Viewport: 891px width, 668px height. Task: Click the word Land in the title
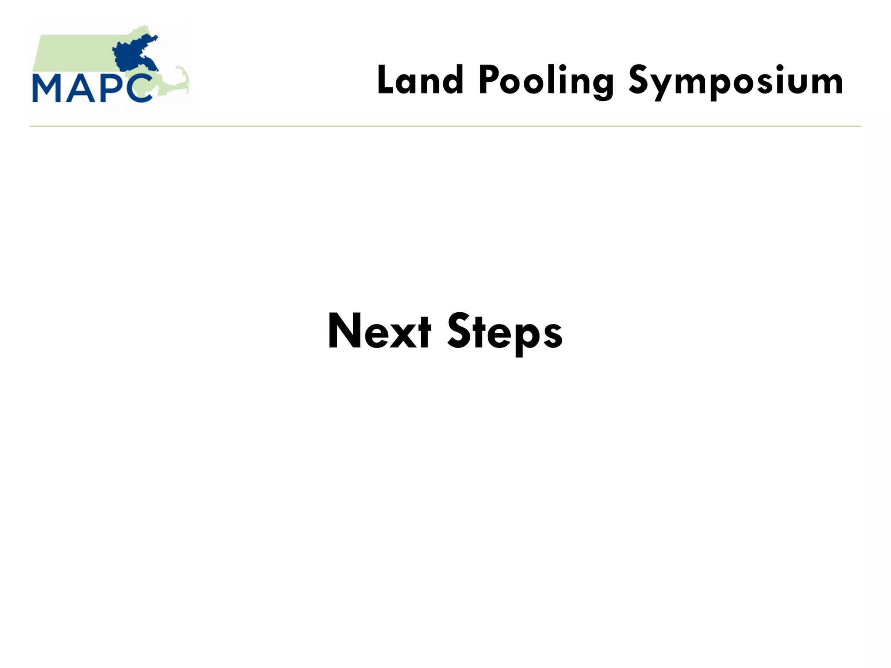pos(420,80)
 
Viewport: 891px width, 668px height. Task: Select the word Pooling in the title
pos(546,82)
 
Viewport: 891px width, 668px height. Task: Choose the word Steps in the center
pos(505,332)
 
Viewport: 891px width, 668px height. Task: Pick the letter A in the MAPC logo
pos(80,89)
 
